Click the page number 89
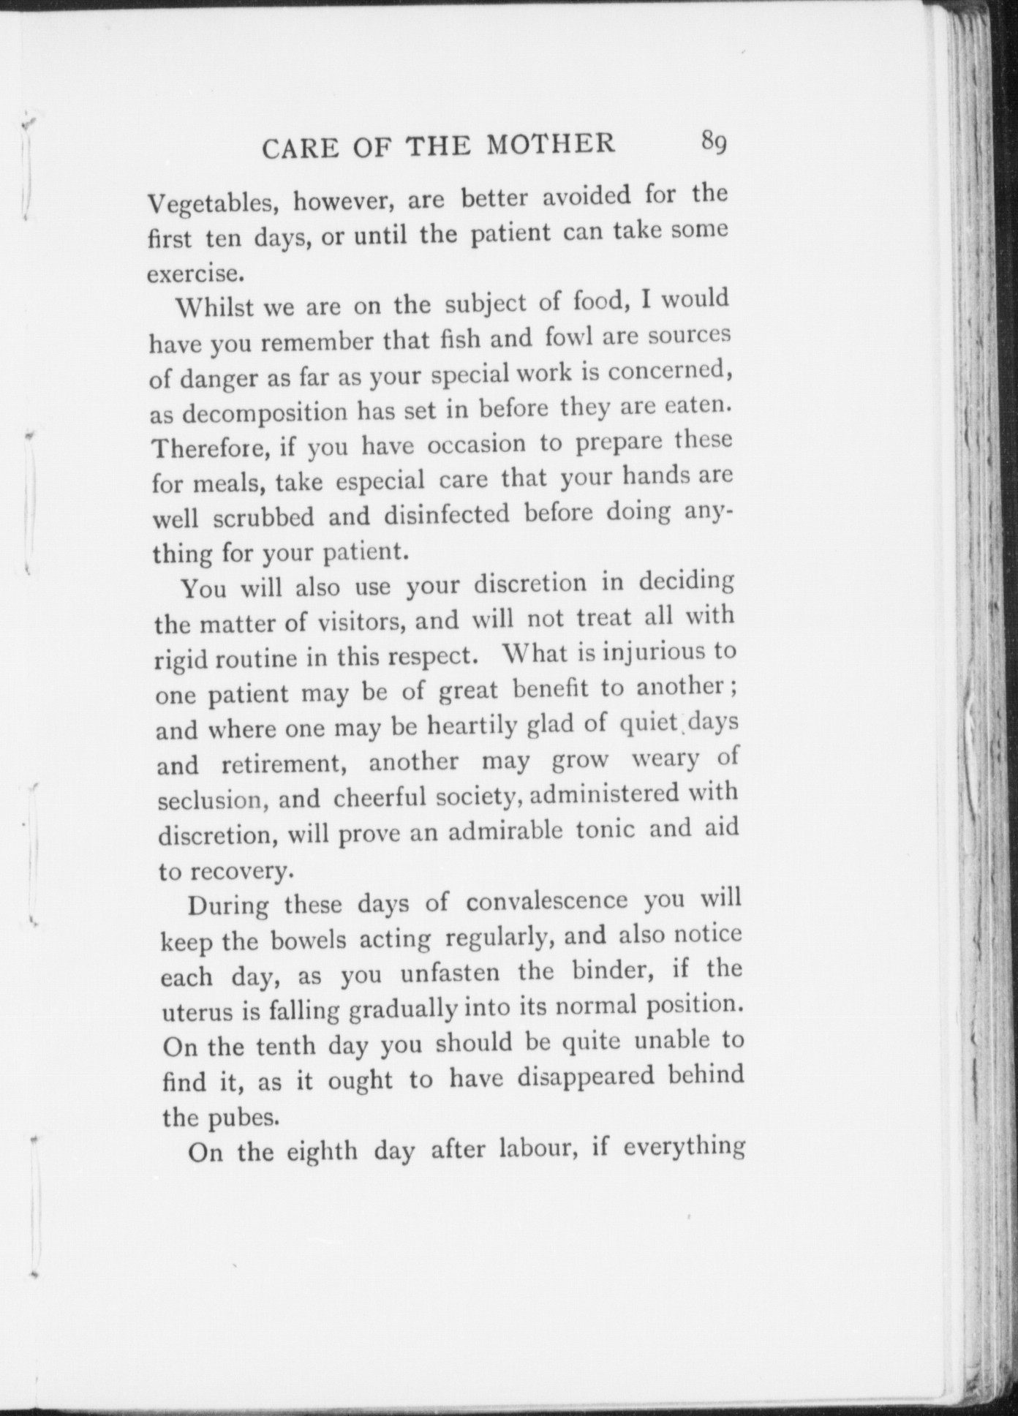[x=713, y=140]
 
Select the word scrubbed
[x=263, y=517]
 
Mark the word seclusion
[x=210, y=799]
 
